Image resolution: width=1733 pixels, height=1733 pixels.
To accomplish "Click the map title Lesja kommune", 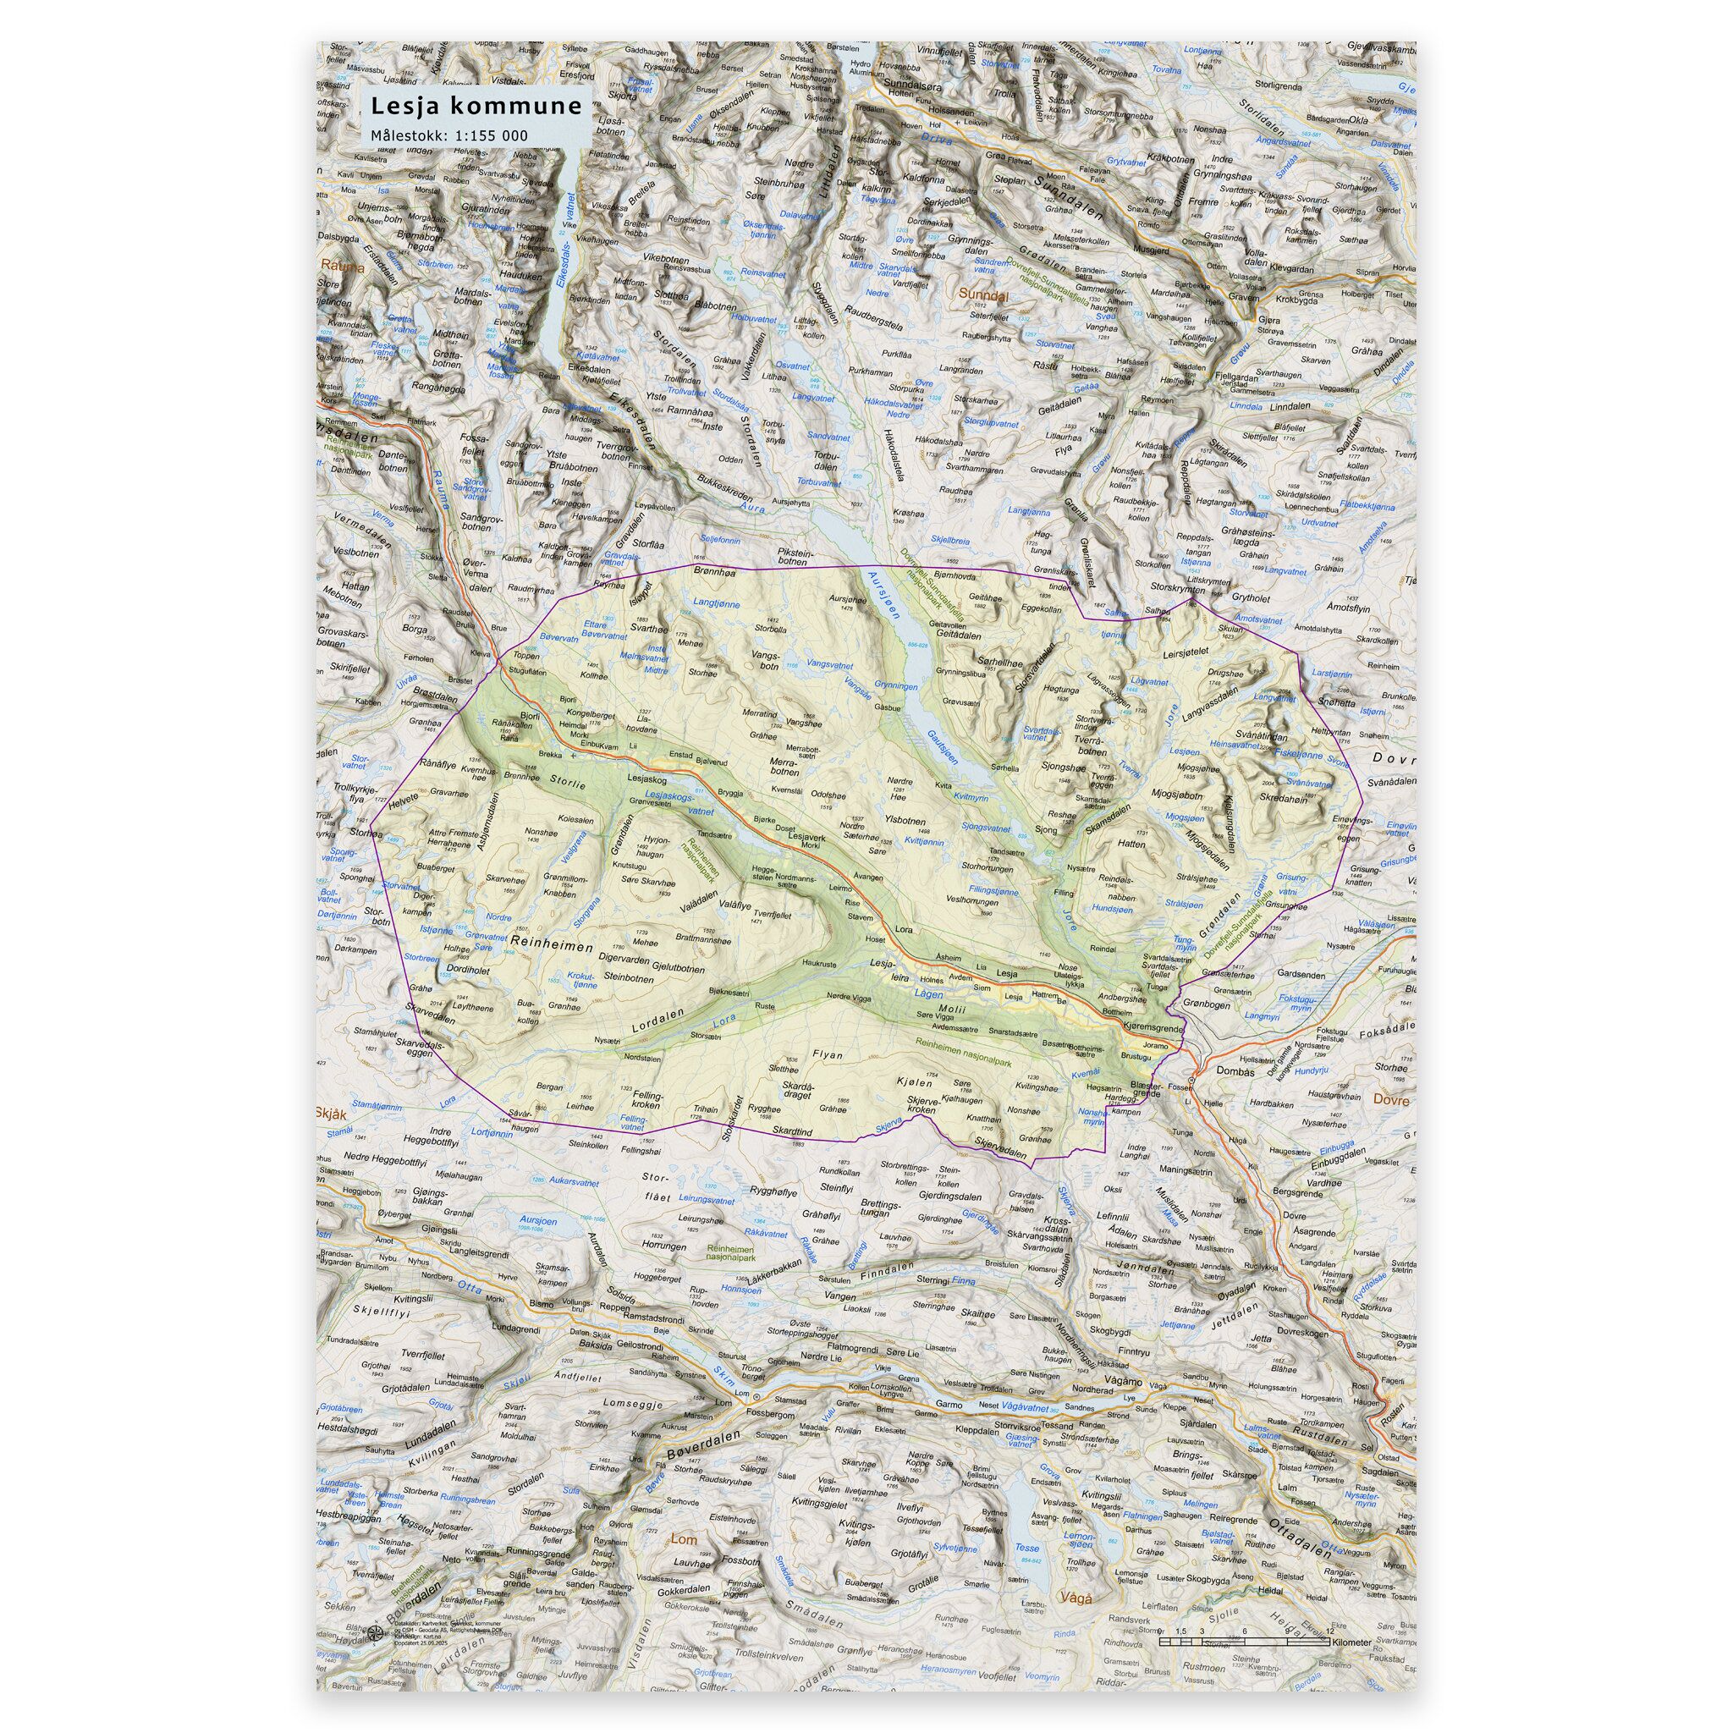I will tap(476, 107).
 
